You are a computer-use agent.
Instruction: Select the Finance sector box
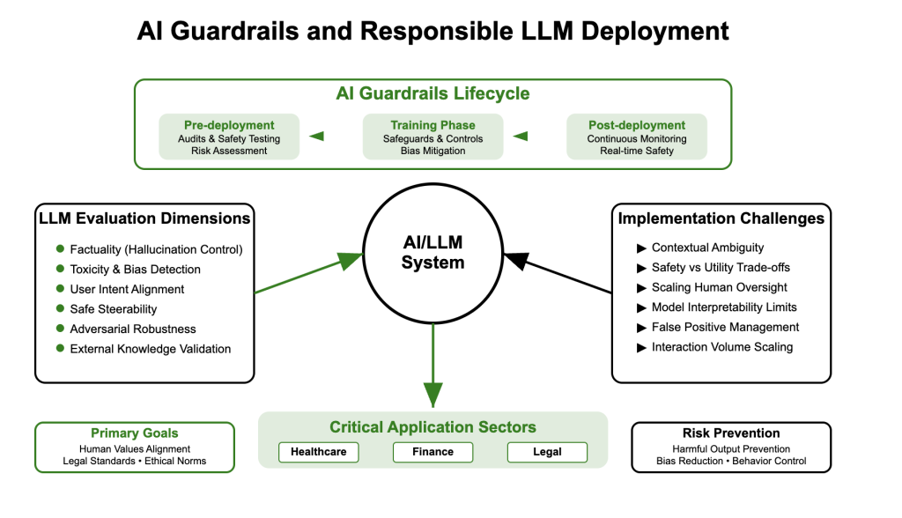433,452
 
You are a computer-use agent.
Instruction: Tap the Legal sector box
547,452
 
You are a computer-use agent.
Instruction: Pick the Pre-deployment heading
229,125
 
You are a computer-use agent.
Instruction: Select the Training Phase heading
433,125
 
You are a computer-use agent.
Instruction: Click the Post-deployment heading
637,125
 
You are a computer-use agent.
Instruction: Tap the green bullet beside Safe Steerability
60,309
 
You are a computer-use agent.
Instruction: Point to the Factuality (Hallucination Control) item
156,249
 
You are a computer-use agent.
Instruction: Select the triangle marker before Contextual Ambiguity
641,248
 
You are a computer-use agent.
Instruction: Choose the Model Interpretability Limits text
724,307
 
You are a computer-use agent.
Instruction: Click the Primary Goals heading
135,433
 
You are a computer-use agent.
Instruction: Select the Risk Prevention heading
731,433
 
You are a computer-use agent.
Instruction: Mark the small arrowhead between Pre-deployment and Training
317,137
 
